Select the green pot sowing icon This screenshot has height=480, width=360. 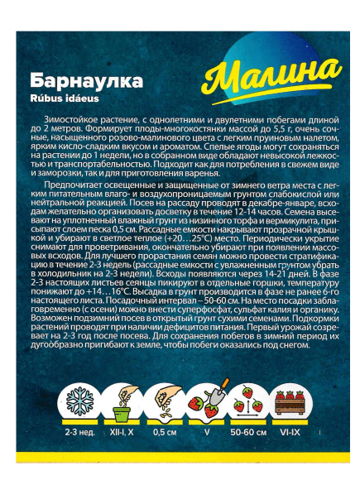(x=121, y=404)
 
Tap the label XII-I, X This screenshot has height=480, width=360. (x=122, y=431)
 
